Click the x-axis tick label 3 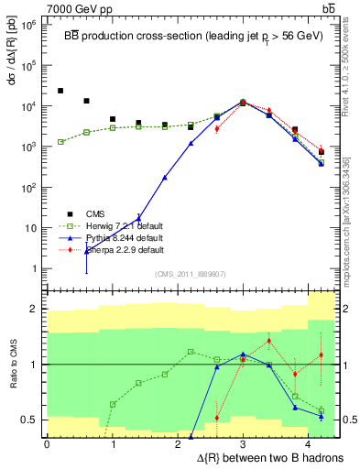[243, 444]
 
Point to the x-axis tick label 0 [47, 444]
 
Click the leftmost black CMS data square [60, 91]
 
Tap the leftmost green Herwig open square [60, 142]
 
